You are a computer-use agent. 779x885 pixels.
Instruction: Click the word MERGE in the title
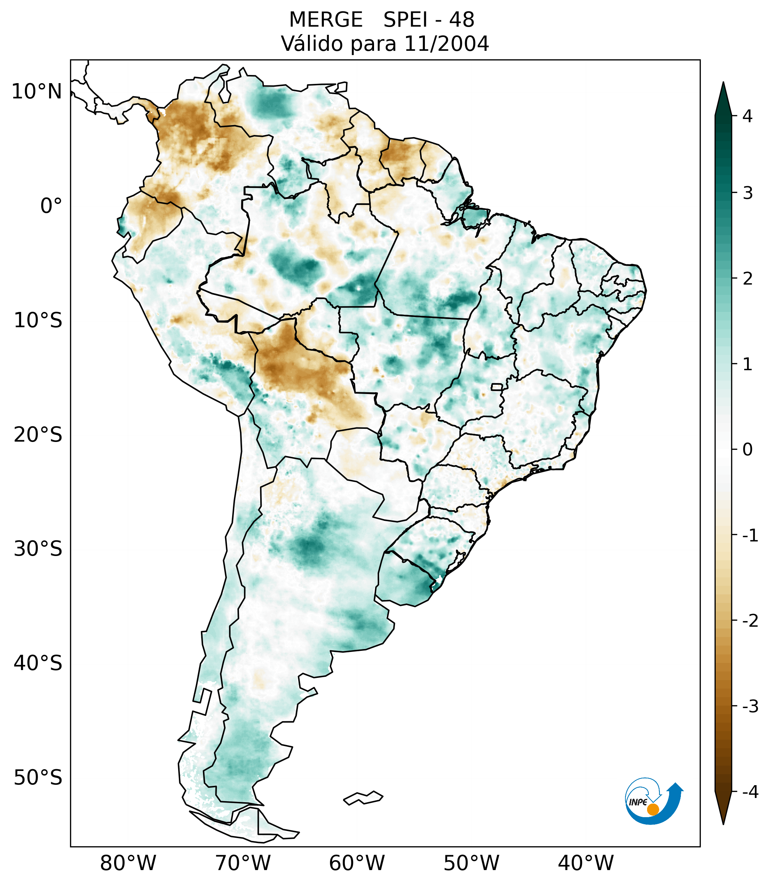click(325, 20)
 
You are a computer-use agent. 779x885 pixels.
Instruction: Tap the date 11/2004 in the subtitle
click(446, 44)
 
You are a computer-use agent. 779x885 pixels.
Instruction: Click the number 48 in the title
click(461, 20)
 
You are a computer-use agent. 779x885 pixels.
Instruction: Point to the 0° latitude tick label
click(51, 206)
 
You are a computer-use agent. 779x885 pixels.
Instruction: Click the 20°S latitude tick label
click(38, 435)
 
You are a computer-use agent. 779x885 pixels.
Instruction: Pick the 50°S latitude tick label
click(38, 778)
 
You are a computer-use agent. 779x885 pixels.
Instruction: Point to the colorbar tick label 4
click(747, 116)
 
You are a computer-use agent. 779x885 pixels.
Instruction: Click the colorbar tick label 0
click(747, 450)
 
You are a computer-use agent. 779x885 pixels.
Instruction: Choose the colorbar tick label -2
click(750, 621)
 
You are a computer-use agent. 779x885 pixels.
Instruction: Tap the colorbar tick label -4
click(750, 792)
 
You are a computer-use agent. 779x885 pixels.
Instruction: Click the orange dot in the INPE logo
click(652, 809)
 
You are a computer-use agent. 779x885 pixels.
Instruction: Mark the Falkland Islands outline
click(363, 798)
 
